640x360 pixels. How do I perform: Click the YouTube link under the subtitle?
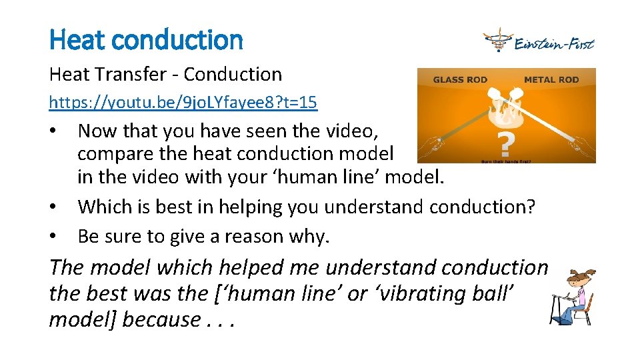point(183,103)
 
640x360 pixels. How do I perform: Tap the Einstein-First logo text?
point(554,44)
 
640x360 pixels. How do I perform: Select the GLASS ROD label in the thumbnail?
point(460,80)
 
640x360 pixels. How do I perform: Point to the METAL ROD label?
point(551,80)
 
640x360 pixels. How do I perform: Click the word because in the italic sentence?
point(160,319)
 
